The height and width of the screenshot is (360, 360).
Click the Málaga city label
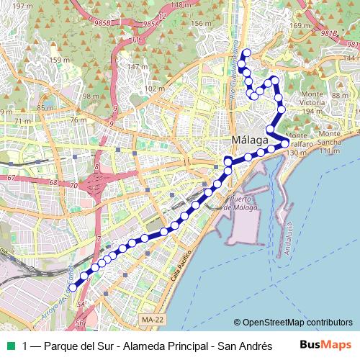(251, 138)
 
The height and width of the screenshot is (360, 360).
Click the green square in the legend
(9, 345)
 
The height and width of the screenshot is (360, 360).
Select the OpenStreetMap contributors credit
(293, 323)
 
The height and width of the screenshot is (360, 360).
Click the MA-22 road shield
(152, 318)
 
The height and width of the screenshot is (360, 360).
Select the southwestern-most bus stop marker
(73, 288)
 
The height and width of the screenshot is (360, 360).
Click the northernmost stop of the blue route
(244, 53)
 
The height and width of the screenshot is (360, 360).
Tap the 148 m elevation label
(181, 4)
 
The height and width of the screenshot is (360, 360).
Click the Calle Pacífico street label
(181, 267)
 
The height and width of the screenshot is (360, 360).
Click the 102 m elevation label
(155, 89)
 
